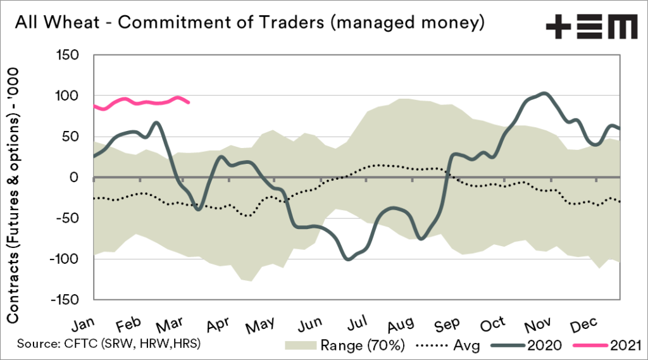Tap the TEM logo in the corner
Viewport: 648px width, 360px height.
591,27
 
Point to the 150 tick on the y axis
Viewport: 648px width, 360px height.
73,56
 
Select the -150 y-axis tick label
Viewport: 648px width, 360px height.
71,299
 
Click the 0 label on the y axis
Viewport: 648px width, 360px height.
80,178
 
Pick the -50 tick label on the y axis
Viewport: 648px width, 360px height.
73,218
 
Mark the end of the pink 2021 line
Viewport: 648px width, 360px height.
189,102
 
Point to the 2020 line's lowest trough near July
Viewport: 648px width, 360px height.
348,259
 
